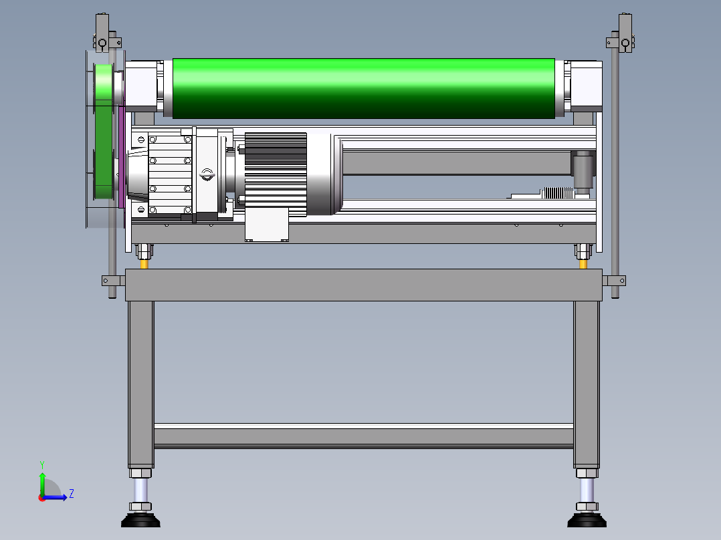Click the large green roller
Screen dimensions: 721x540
coord(363,88)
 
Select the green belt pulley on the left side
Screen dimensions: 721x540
coord(104,132)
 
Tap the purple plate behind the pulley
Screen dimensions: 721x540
coord(122,156)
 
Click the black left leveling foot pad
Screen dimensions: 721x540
coord(140,521)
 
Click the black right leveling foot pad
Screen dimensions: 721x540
coord(587,521)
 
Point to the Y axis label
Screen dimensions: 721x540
coord(42,464)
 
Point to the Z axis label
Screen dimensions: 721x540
coord(72,494)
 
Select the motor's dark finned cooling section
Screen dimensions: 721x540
coord(276,174)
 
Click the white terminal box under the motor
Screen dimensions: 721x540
coord(267,225)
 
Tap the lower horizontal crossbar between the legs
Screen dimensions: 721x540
coord(363,436)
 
